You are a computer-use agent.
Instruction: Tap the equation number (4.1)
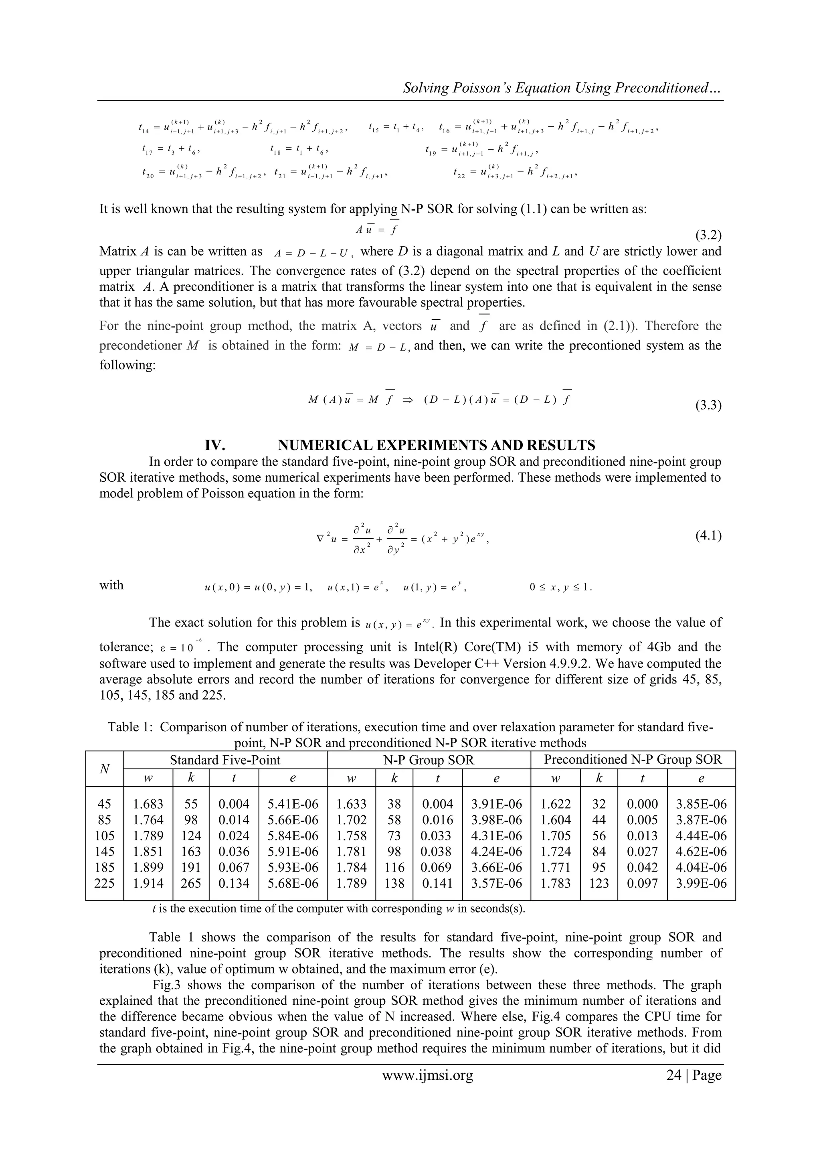click(708, 535)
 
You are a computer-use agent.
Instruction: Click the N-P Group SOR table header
click(429, 760)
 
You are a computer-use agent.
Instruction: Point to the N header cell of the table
click(105, 769)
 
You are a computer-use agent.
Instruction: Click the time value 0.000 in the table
click(643, 804)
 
